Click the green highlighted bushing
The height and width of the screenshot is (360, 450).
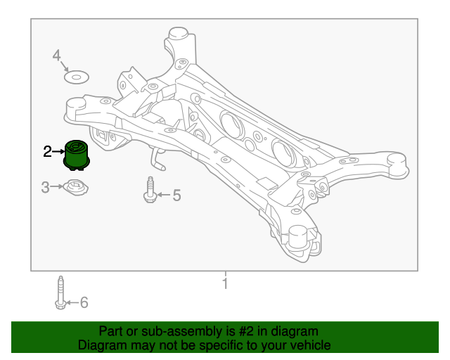(77, 155)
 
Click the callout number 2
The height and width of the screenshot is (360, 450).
(47, 150)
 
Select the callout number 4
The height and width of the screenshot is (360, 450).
(57, 56)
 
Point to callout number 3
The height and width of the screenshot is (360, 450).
(45, 187)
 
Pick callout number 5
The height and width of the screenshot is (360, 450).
(176, 195)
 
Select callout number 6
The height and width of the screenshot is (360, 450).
(84, 302)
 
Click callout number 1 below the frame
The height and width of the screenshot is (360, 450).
(225, 284)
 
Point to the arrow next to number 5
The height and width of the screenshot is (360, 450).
(162, 195)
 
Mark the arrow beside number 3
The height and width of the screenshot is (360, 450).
(57, 187)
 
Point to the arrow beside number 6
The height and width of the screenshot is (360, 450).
(71, 303)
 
